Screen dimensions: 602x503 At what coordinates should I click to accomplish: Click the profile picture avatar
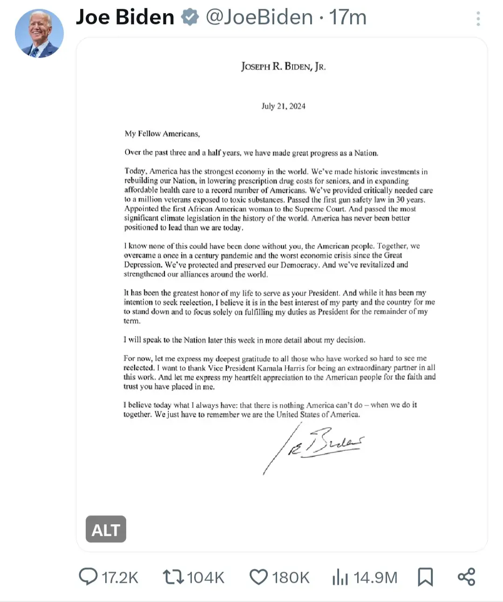[x=39, y=34]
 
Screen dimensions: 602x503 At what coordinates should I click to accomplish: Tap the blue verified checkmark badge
[x=190, y=17]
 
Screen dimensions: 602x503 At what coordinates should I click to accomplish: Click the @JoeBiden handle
[x=259, y=17]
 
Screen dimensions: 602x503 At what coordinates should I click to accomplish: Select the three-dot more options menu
[x=478, y=19]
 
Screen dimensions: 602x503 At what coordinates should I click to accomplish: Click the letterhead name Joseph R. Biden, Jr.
[x=283, y=67]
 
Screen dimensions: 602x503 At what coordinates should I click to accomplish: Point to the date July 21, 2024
[x=283, y=106]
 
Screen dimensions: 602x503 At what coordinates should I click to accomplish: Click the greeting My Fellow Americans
[x=162, y=134]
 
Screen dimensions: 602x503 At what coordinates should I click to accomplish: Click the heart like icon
[x=258, y=577]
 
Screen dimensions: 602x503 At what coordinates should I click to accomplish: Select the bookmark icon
[x=425, y=577]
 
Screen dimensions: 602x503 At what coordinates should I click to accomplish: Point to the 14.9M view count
[x=375, y=577]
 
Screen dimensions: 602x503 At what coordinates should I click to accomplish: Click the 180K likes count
[x=291, y=577]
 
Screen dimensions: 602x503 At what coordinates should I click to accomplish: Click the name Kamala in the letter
[x=270, y=368]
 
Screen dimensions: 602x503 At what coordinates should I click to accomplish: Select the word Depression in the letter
[x=143, y=265]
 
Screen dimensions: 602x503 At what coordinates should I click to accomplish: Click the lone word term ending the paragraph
[x=132, y=321]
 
